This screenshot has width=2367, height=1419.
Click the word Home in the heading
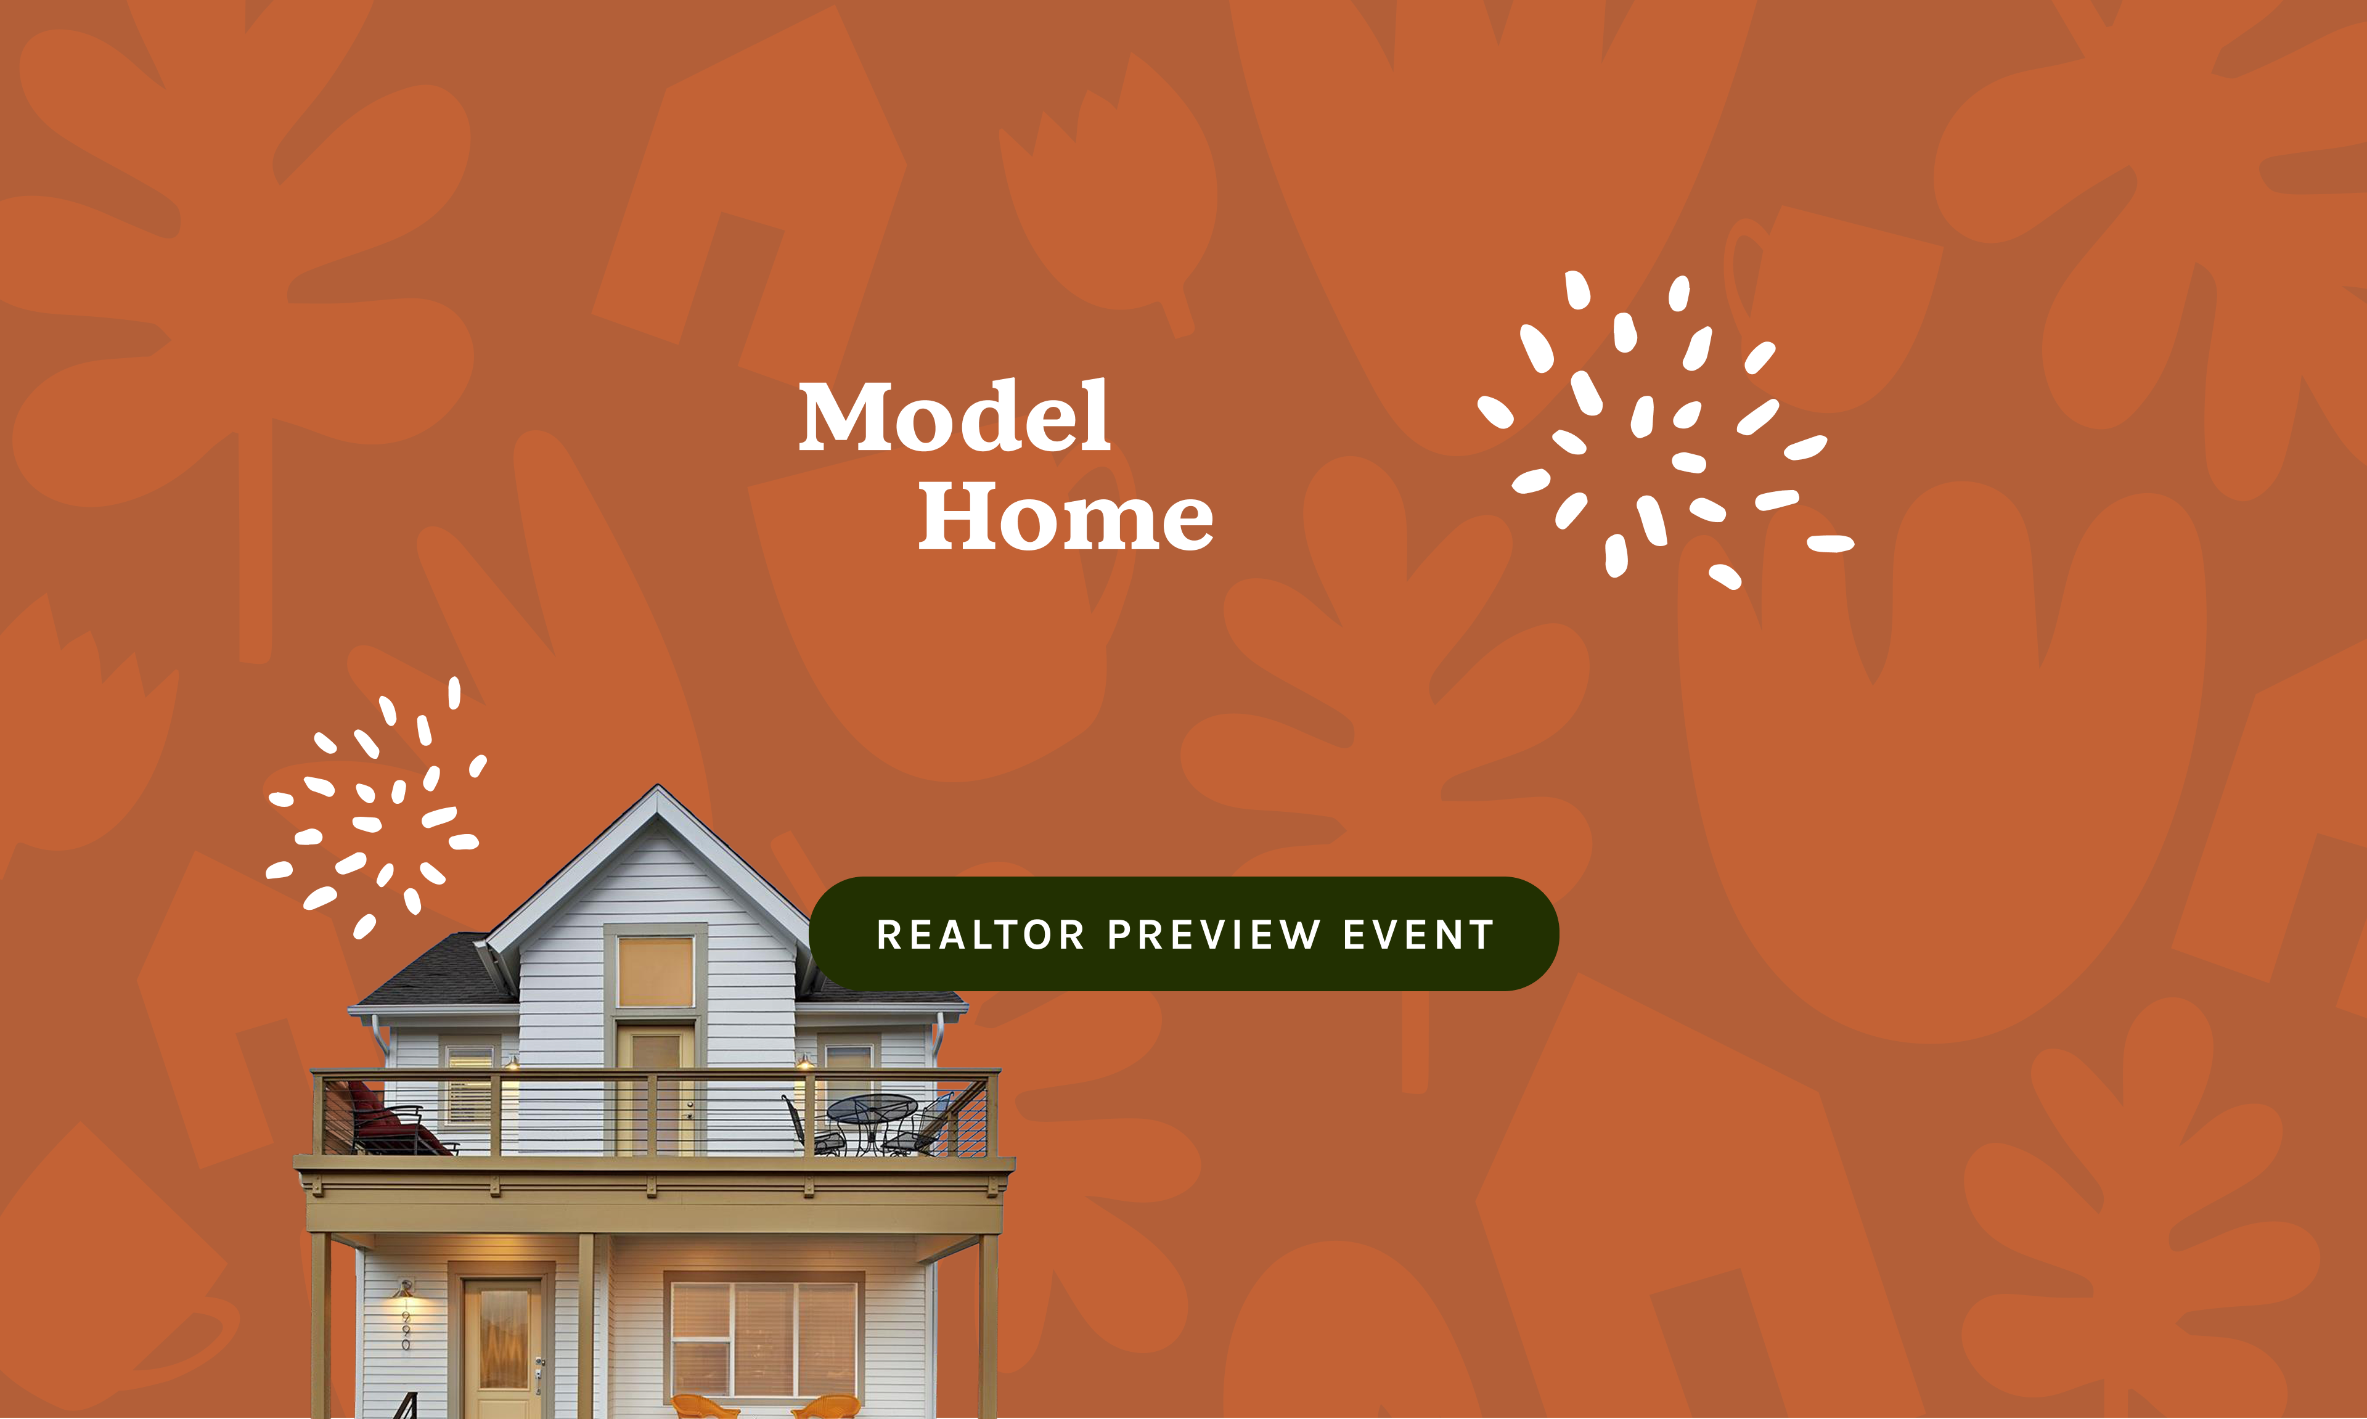click(x=1066, y=517)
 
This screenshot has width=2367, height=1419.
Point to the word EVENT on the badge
click(x=1419, y=935)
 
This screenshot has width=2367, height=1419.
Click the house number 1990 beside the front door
click(x=406, y=1323)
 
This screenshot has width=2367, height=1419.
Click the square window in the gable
click(x=656, y=971)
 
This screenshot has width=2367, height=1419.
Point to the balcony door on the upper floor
click(x=656, y=1090)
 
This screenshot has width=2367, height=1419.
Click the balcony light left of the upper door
click(x=512, y=1062)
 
